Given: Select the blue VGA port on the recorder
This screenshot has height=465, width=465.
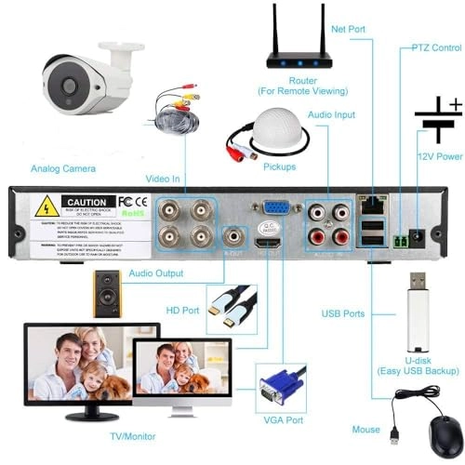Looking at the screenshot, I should pos(275,210).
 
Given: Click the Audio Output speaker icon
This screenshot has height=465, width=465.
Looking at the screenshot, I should pos(106,294).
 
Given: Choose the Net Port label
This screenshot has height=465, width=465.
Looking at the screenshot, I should pos(349,30).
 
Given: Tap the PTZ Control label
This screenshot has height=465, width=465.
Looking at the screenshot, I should pos(436,46).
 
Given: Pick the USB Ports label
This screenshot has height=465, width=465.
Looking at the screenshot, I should pos(343,313).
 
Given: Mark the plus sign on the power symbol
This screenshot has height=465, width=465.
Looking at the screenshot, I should pos(455,104).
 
